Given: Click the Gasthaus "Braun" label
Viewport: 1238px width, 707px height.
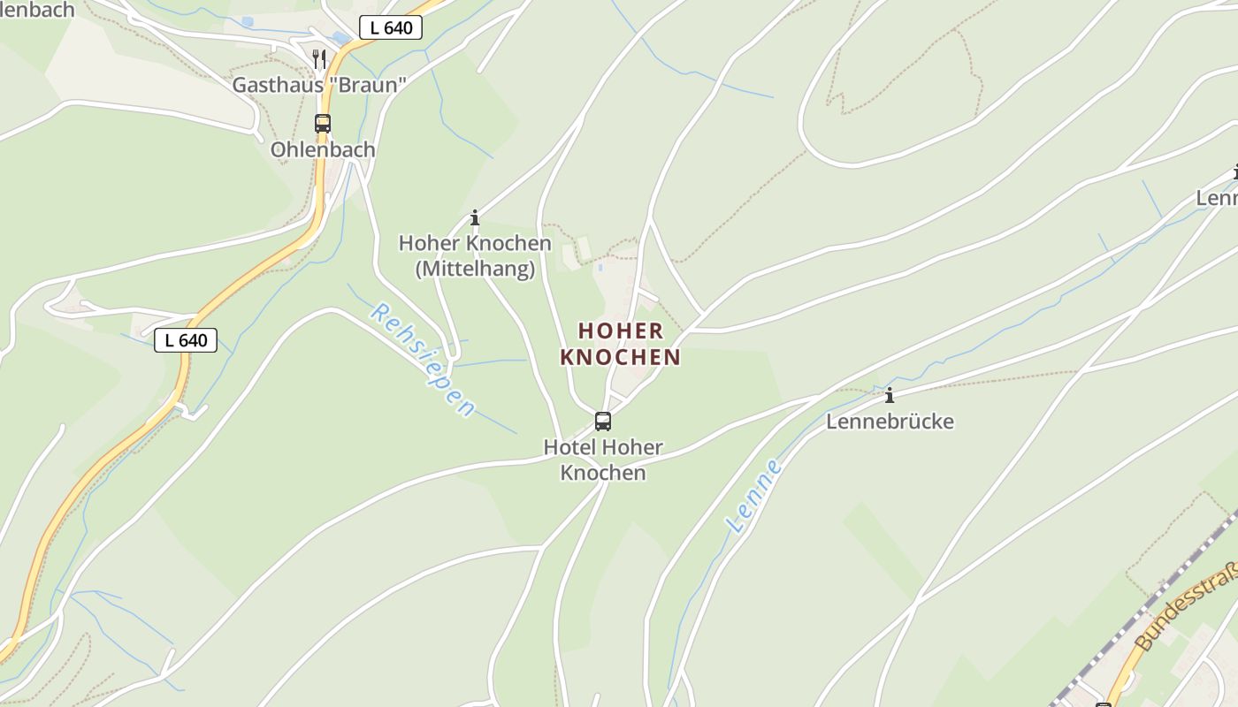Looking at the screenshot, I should [x=319, y=85].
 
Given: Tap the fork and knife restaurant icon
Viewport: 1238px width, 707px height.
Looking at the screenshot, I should [x=319, y=59].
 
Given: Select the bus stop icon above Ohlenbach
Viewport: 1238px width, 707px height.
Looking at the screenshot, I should [x=323, y=124].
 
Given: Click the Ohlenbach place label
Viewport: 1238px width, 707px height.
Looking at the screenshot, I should [x=323, y=149].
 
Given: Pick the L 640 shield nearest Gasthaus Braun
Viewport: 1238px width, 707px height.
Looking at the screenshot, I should [x=391, y=27].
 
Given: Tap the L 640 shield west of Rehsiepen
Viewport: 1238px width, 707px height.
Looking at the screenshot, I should [x=186, y=340].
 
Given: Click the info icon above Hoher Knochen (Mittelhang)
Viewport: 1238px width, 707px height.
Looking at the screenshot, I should [x=475, y=217].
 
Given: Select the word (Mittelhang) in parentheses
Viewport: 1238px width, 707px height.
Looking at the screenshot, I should [x=475, y=269].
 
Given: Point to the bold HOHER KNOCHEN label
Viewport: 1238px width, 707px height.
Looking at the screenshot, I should [x=621, y=344].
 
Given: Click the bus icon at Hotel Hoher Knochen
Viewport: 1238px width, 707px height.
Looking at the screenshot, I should [x=603, y=422].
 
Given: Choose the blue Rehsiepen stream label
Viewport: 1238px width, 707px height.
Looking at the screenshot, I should [x=422, y=360].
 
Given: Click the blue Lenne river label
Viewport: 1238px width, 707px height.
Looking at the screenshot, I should [x=754, y=496].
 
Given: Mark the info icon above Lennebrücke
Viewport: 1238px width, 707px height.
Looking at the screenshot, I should [x=890, y=395].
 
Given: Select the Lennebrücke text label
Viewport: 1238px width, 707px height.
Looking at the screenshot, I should [x=890, y=422].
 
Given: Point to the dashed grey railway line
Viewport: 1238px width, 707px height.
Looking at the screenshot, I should [x=1150, y=601].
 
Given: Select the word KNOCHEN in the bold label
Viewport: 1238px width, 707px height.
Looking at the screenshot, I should [x=621, y=357].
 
